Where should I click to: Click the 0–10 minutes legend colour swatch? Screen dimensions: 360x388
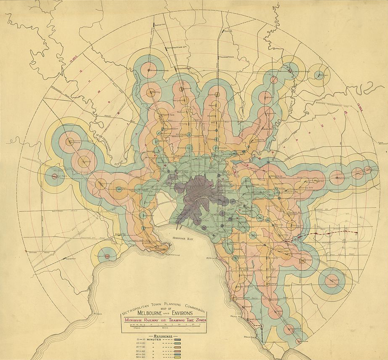178,339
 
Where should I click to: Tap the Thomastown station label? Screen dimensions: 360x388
225,57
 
